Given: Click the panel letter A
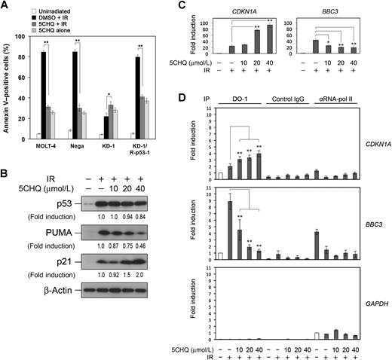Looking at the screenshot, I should [x=7, y=6].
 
